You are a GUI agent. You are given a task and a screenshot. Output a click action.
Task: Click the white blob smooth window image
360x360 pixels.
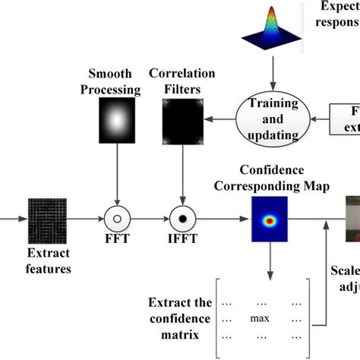tap(116, 120)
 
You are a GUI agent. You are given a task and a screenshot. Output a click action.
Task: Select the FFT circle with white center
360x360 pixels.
tap(117, 219)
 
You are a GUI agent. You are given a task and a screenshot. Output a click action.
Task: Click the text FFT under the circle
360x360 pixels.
tap(117, 246)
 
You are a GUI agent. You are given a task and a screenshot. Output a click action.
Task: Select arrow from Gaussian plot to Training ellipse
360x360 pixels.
tap(271, 79)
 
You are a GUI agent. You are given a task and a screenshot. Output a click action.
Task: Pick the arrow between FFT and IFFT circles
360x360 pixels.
tap(150, 219)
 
